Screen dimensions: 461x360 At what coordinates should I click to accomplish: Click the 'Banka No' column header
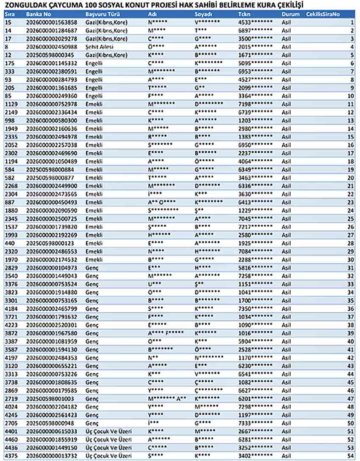point(36,14)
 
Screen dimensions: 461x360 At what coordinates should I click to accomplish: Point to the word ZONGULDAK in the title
point(21,5)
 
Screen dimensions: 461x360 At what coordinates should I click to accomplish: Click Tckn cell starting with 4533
point(255,22)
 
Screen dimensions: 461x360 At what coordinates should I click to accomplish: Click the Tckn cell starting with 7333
point(255,423)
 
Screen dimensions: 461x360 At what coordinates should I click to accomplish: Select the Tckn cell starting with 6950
point(255,145)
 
